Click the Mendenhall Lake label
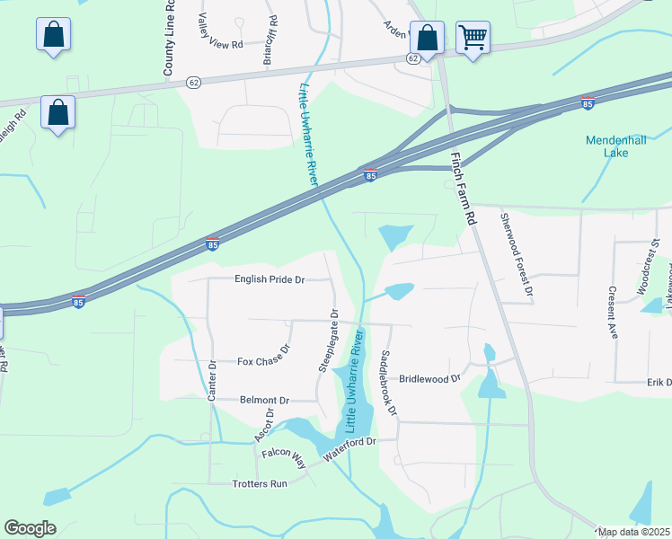[x=615, y=146]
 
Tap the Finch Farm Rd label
[x=462, y=188]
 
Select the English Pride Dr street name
[x=270, y=279]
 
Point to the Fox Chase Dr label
[x=265, y=358]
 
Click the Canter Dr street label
[x=214, y=378]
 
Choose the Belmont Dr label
[x=264, y=400]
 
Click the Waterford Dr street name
[x=349, y=448]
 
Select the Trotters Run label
[x=261, y=483]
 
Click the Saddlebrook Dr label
[x=389, y=383]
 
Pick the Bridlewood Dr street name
[x=429, y=379]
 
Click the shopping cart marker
[x=473, y=38]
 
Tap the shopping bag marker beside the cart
[x=427, y=38]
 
